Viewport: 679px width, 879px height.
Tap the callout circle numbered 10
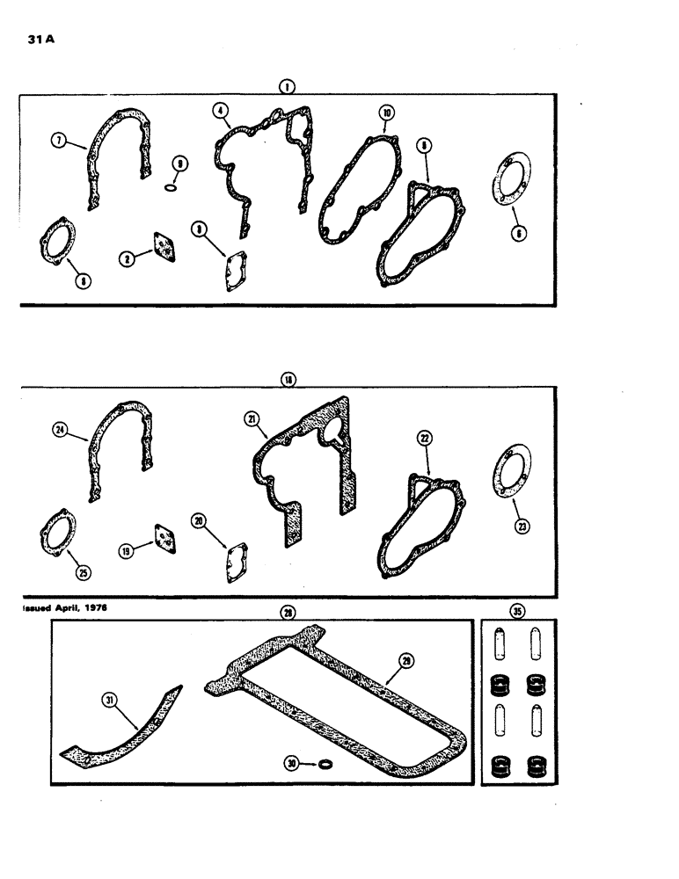(387, 113)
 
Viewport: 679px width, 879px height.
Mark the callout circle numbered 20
(200, 521)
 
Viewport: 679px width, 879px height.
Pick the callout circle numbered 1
(287, 86)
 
